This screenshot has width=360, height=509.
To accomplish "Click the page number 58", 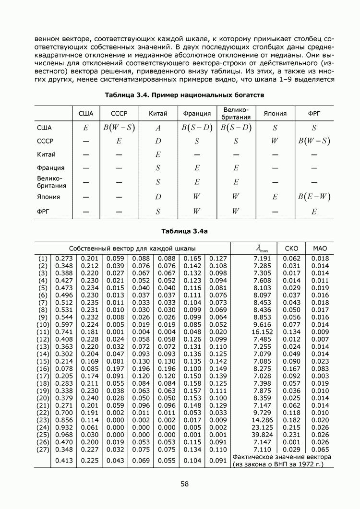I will pos(184,484).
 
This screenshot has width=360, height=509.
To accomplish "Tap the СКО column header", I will pos(292,248).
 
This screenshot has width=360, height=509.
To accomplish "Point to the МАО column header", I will pos(320,248).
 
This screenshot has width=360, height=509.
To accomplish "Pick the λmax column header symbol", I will pos(263,249).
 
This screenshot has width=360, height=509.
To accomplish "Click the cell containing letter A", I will pos(157,128).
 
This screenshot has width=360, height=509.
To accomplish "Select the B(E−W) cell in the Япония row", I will pos(314,197).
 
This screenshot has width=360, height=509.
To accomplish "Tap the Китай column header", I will pos(157,114).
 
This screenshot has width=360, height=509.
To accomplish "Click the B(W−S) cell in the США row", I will pos(119,128).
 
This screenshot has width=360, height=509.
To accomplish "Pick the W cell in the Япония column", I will pos(275,141).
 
